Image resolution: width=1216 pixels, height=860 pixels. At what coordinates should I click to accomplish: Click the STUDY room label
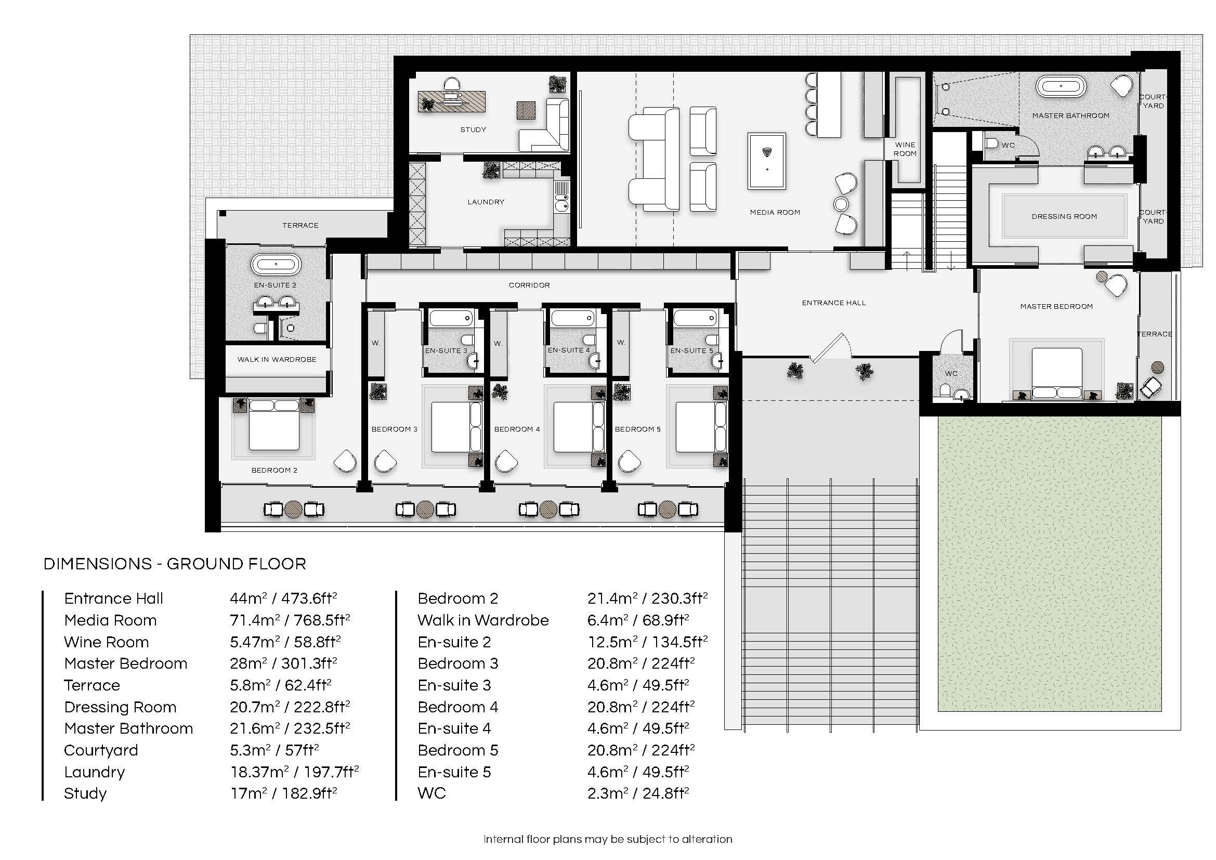tap(473, 130)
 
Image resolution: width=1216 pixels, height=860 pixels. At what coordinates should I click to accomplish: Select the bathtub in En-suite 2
tap(276, 264)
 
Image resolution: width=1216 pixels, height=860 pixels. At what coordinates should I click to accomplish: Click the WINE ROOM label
tap(905, 149)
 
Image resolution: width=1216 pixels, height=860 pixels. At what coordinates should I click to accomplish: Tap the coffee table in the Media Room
tap(766, 161)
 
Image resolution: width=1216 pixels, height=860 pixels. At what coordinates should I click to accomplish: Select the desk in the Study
tap(452, 102)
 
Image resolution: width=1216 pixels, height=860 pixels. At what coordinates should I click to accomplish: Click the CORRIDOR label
tap(529, 285)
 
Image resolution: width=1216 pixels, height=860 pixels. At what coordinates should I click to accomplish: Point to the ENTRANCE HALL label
tap(833, 304)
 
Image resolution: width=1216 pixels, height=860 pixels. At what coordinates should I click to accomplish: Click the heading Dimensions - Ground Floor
tap(175, 565)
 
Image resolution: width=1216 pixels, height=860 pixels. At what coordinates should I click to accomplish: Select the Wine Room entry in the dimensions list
tap(107, 642)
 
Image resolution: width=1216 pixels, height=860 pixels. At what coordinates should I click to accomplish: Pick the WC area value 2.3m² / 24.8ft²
tap(638, 793)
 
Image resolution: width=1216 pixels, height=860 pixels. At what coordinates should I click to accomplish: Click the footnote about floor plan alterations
tap(607, 839)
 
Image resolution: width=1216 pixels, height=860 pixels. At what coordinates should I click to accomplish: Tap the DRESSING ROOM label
tap(1064, 217)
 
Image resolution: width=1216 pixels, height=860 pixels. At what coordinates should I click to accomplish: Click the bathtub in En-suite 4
tap(572, 318)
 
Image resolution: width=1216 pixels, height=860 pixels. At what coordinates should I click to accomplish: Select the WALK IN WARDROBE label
tap(277, 360)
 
